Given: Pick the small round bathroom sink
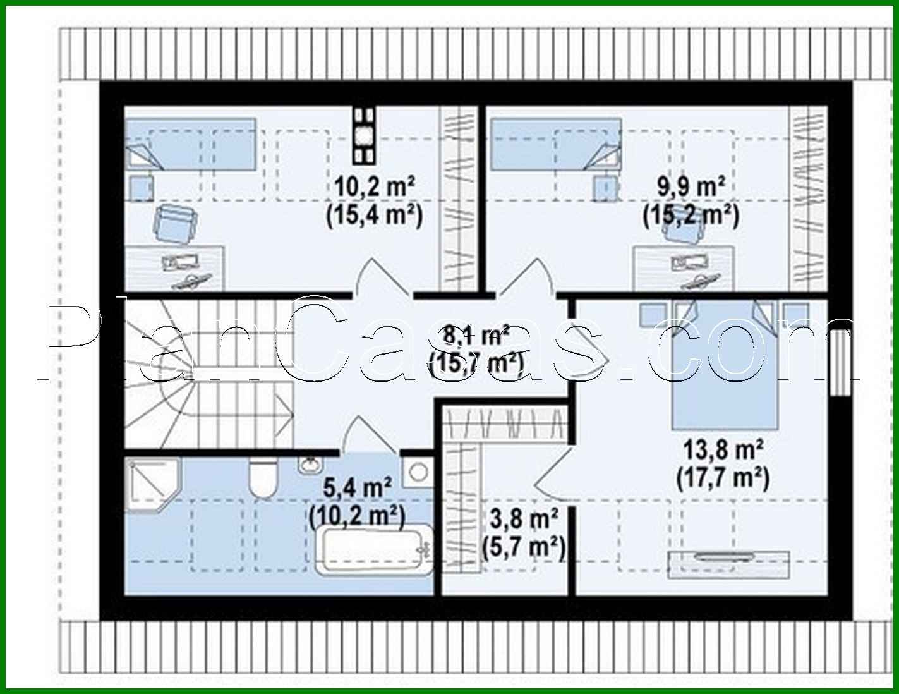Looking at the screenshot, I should [310, 466].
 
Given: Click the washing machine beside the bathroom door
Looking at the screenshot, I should [417, 472].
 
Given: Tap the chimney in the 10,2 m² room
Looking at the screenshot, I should [364, 135].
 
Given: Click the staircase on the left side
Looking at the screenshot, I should [202, 373].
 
